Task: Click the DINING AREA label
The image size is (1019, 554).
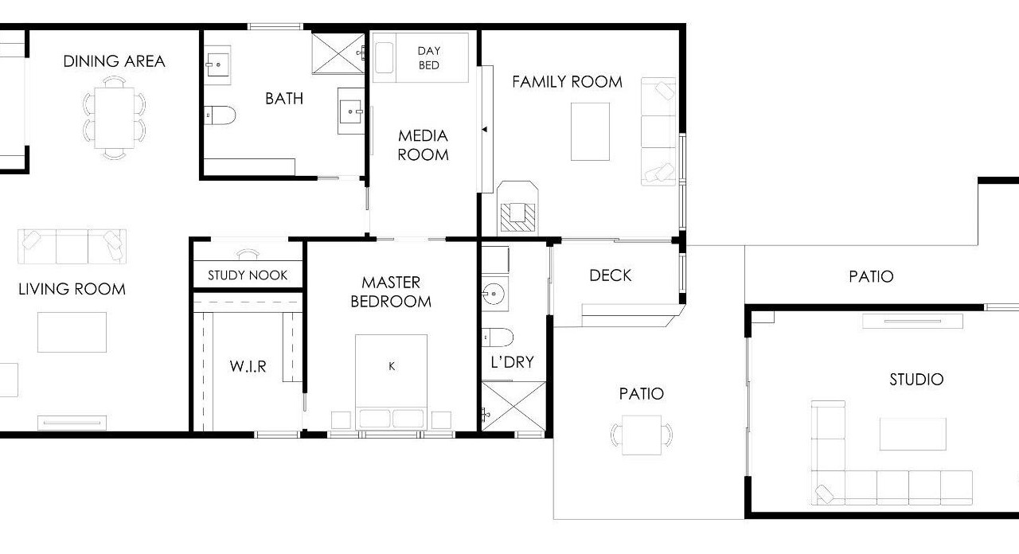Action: pos(114,61)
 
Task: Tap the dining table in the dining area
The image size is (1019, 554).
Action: pos(114,118)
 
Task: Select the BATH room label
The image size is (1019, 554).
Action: pos(284,99)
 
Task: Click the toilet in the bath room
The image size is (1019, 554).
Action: pos(220,115)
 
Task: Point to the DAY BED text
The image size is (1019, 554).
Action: pos(429,58)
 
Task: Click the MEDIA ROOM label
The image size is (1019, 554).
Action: pos(423,145)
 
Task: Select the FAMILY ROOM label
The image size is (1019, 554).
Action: pos(568,82)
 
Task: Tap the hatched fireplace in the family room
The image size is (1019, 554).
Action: pos(517,217)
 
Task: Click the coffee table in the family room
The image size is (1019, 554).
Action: pos(590,131)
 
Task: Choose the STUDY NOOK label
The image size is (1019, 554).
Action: pos(248,275)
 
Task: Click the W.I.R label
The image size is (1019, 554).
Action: pos(248,366)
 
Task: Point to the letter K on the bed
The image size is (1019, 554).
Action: pos(392,366)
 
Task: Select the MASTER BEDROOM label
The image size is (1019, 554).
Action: pos(391,292)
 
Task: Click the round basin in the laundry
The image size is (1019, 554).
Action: pos(494,294)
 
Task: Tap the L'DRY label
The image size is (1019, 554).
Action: pos(512,362)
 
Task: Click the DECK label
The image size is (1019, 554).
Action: pos(611,275)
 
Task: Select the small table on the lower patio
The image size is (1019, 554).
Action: pos(642,435)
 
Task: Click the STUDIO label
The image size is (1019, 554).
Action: pos(916,380)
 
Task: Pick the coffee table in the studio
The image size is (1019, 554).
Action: pos(913,434)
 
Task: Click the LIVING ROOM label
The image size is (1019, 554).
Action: pos(72,289)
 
